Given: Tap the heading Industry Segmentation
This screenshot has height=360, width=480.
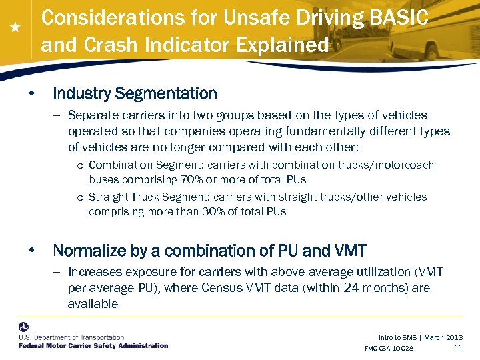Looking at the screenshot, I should pyautogui.click(x=135, y=93).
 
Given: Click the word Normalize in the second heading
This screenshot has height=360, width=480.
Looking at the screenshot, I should pyautogui.click(x=86, y=251).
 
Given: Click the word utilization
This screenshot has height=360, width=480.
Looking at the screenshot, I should pyautogui.click(x=377, y=272).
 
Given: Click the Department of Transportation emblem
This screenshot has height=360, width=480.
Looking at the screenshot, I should pyautogui.click(x=24, y=329).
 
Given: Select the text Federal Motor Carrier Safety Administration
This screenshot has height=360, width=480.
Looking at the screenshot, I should pyautogui.click(x=93, y=346).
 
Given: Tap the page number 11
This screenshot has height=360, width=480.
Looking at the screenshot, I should pyautogui.click(x=459, y=347).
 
